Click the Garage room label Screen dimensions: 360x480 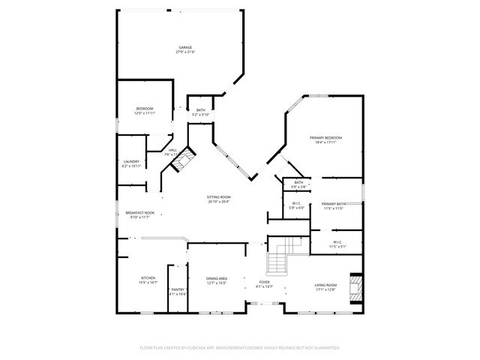(185, 50)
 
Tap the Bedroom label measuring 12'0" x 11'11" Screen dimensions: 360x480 (145, 112)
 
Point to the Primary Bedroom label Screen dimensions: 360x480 (325, 140)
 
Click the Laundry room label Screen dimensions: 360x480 (131, 163)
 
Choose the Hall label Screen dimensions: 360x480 (172, 152)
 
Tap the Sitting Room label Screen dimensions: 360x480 (218, 199)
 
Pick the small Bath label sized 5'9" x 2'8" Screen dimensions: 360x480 (298, 184)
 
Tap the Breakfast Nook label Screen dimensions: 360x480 (139, 215)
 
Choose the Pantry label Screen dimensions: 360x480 (178, 291)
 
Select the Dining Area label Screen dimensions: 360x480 (217, 280)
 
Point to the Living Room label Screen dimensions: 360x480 (325, 286)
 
